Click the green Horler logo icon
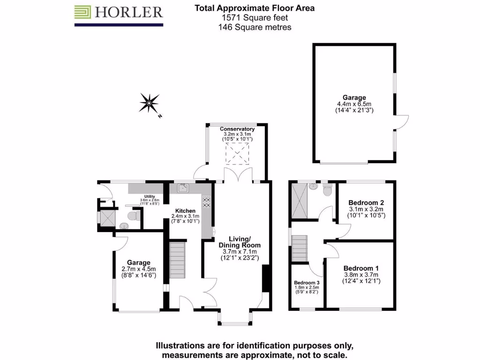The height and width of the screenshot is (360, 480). tap(83, 12)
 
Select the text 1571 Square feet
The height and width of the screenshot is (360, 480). tap(255, 18)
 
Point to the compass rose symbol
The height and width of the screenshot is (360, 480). tap(149, 103)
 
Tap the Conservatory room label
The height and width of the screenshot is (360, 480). tap(237, 129)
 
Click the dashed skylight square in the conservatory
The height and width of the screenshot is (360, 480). tap(237, 154)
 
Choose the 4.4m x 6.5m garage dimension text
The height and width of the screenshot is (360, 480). tap(354, 104)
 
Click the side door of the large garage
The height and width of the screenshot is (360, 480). tap(401, 122)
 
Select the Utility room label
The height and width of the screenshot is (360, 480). tap(150, 196)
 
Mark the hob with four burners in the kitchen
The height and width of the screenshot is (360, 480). tap(206, 202)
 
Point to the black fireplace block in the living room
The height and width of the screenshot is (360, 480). tap(265, 279)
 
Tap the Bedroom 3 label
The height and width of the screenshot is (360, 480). tap(307, 283)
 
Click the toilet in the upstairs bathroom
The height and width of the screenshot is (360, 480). tap(327, 190)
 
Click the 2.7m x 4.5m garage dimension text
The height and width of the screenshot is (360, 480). tap(138, 269)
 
